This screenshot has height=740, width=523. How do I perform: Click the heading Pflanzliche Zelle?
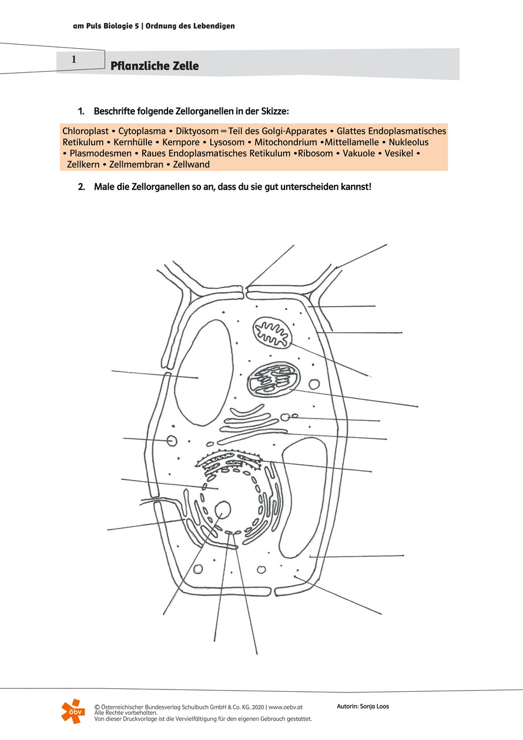[x=155, y=66]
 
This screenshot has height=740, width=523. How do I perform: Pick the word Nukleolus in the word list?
[x=409, y=142]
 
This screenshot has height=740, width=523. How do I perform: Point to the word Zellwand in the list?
[x=192, y=165]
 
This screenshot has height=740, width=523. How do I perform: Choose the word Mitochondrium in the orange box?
[x=286, y=142]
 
